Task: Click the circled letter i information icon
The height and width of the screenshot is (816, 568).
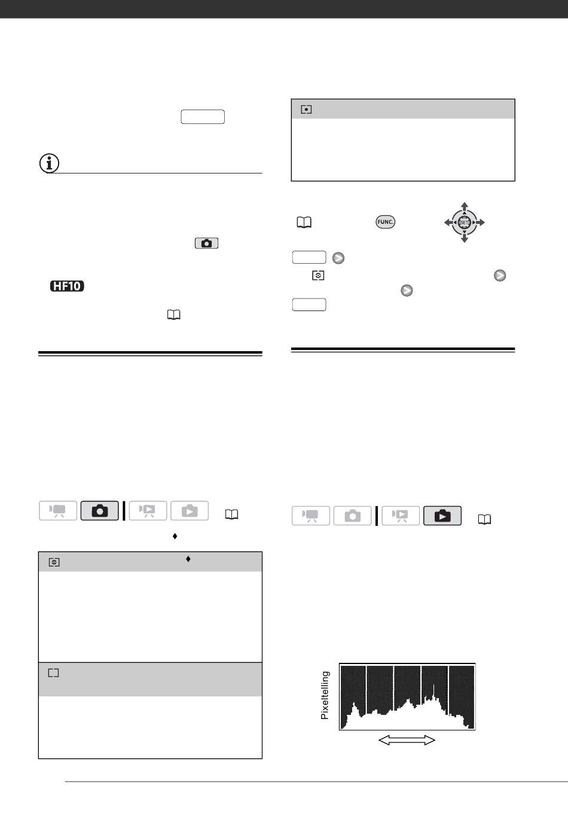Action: coord(49,163)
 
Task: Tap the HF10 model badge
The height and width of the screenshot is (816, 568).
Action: coord(67,286)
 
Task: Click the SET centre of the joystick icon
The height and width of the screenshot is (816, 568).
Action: coord(464,222)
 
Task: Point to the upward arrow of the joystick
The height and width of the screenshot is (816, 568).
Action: coord(464,206)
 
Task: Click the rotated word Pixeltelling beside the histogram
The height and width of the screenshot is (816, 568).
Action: coord(325,695)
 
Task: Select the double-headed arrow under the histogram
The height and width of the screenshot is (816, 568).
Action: coord(407,740)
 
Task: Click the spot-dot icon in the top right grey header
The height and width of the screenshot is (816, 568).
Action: coord(306,109)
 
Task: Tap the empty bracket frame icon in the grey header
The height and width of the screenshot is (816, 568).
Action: coord(54,673)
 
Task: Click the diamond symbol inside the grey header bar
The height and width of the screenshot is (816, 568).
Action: coord(188,559)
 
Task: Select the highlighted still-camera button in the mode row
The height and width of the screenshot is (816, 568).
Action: coord(99,511)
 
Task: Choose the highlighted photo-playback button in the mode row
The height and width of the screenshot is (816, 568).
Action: coord(442,516)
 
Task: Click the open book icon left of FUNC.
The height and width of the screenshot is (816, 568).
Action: coord(304,222)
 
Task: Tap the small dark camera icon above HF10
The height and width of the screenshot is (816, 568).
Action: coord(206,243)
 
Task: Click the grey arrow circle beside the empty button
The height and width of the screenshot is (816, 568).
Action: coord(338,258)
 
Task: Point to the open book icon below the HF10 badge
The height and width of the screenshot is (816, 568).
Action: coord(173,315)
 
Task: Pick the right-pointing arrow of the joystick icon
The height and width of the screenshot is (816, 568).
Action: coord(480,222)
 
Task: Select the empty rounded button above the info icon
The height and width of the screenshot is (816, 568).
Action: coord(203,117)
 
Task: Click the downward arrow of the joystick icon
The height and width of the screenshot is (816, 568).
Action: coord(464,238)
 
